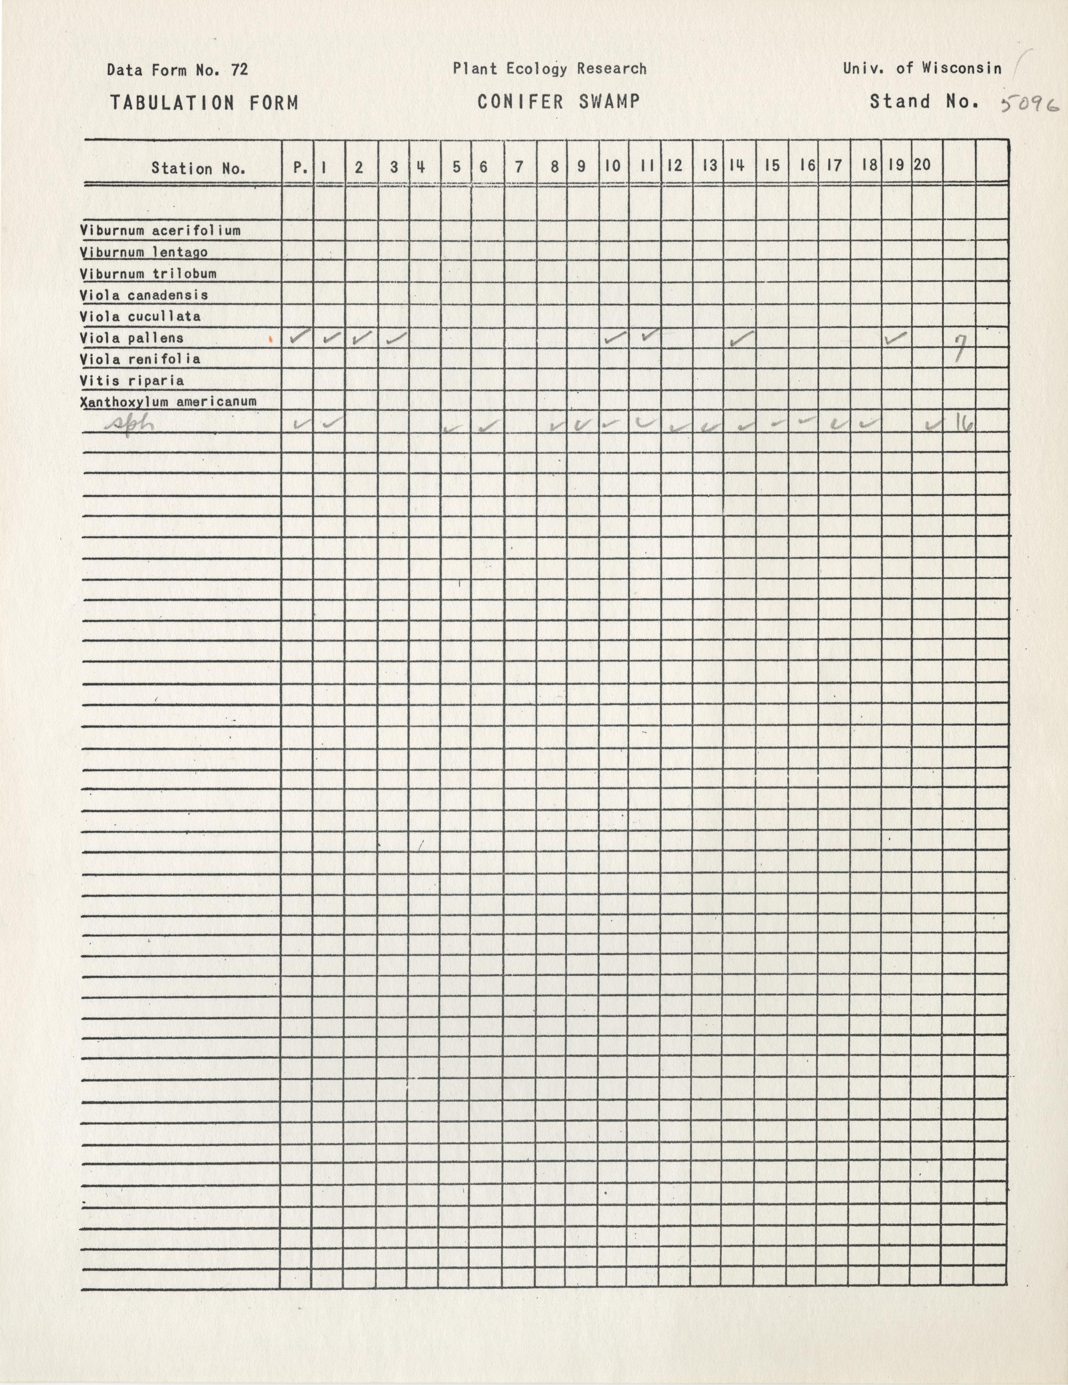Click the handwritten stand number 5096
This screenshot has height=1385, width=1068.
click(x=1029, y=105)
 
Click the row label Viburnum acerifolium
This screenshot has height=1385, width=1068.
click(x=160, y=231)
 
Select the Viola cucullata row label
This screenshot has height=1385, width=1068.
click(x=140, y=316)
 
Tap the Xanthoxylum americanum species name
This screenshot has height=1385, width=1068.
click(x=168, y=402)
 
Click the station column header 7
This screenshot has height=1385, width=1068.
click(x=519, y=167)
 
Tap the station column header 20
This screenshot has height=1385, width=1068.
click(x=922, y=165)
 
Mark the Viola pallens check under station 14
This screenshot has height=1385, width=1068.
click(x=741, y=339)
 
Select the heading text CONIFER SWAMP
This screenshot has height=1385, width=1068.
click(x=558, y=102)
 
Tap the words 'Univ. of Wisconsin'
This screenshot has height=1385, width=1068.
click(x=922, y=68)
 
